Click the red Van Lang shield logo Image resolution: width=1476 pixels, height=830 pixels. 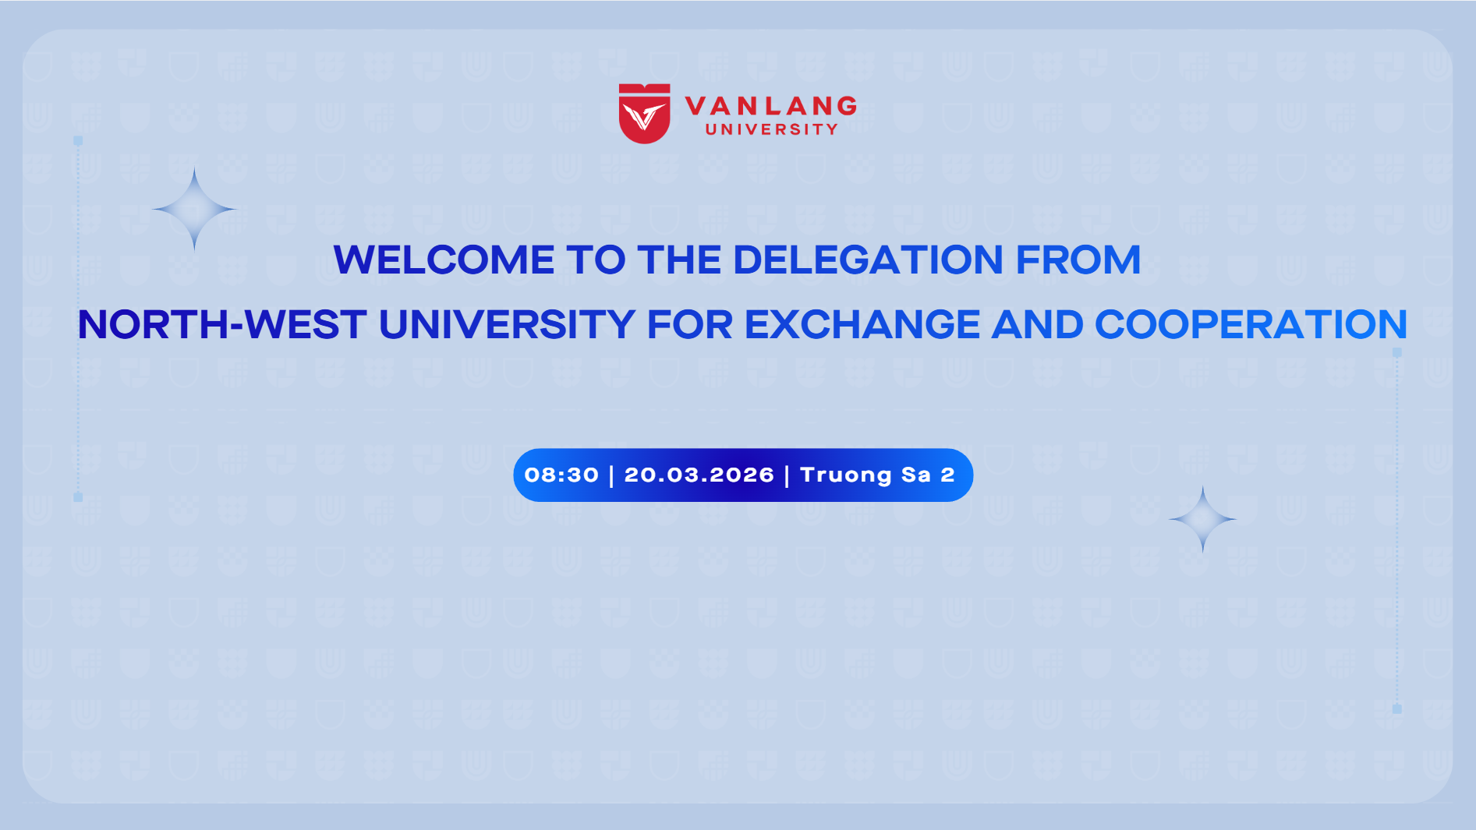pos(644,114)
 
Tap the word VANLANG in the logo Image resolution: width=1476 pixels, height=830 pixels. pos(771,106)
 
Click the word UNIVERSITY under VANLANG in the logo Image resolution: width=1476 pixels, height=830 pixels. pos(772,129)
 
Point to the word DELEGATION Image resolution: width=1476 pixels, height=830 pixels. pos(868,260)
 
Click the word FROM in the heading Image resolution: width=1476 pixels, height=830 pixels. pos(1078,260)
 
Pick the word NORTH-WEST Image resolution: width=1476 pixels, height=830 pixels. pos(222,324)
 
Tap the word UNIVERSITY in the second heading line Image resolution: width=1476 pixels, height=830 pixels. pos(507,324)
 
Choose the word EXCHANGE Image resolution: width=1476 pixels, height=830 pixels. pos(862,324)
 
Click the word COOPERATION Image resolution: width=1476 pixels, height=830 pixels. pos(1251,324)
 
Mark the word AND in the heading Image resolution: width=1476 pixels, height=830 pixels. pos(1037,324)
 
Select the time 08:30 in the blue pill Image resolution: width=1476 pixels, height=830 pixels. pos(561,475)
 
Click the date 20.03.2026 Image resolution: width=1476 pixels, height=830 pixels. pos(699,475)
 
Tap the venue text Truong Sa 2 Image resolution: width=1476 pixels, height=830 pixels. pos(877,475)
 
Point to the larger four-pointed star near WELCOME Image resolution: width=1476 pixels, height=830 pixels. pos(194,209)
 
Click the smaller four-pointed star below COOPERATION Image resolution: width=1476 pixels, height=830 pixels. pos(1202,519)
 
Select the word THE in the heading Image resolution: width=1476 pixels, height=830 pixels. pos(679,260)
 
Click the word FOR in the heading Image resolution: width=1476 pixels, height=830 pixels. pos(690,324)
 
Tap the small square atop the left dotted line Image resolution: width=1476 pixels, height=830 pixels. pos(78,141)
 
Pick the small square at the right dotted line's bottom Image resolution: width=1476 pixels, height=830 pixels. pos(1397,709)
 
